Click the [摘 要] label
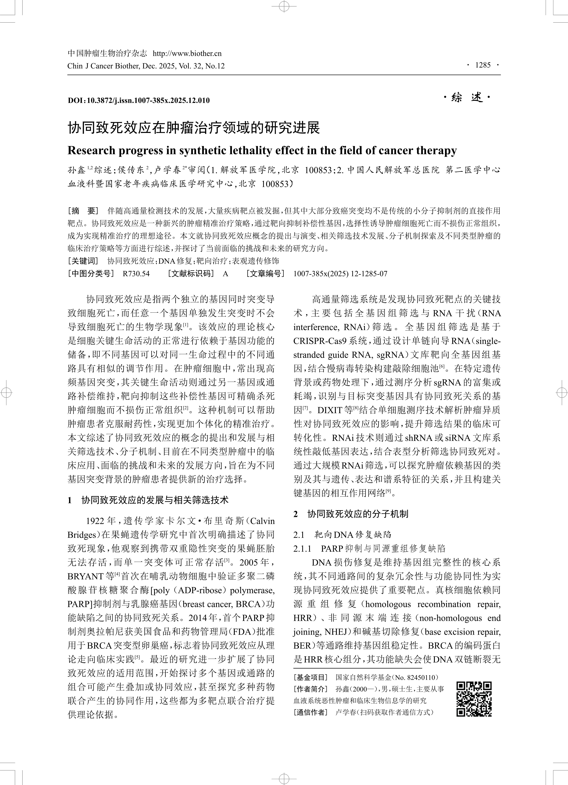[83, 211]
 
